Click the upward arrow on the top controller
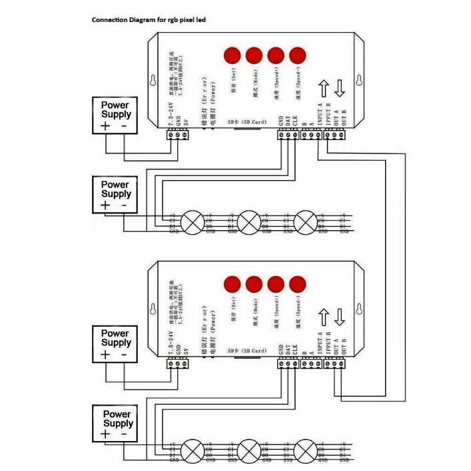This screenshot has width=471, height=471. [324, 89]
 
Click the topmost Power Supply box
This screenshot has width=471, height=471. [115, 115]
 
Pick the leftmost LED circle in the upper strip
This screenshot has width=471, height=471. [193, 221]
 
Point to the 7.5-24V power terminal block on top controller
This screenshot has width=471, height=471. [178, 134]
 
